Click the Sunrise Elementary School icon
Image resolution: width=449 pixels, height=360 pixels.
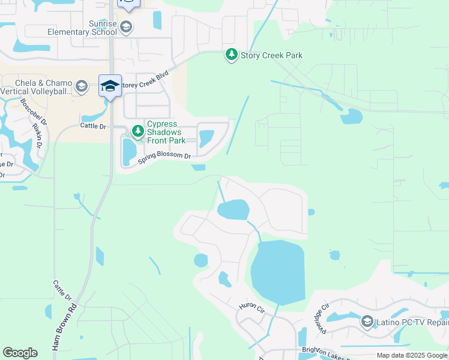126,26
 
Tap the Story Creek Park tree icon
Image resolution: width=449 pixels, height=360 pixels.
231,55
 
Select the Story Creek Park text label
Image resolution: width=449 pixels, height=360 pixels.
271,55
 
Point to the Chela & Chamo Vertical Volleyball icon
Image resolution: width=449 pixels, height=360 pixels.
82,87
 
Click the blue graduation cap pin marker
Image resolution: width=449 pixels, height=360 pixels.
110,86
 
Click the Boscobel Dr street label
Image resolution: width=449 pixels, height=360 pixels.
28,111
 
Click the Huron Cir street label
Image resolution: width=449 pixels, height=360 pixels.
252,307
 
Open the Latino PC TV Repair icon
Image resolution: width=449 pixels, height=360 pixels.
367,322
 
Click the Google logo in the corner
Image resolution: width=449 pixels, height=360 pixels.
20,353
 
